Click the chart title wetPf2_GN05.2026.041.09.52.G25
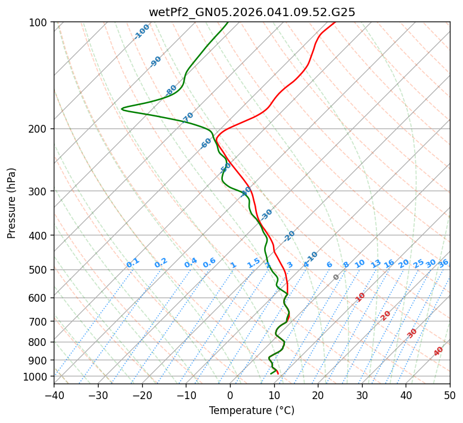point(252,12)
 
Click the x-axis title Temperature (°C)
point(252,410)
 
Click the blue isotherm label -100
point(142,32)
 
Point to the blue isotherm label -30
point(266,214)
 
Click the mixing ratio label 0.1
point(133,262)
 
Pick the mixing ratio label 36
point(443,263)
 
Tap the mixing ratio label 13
point(376,263)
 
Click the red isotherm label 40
point(439,351)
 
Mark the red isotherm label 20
point(386,315)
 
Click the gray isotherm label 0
point(336,277)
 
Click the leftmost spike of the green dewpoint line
point(122,109)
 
